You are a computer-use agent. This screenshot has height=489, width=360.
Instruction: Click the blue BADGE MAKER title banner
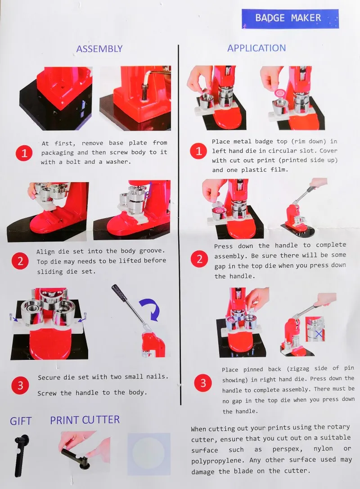point(290,19)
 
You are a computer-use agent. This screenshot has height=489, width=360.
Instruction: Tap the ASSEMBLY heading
point(99,49)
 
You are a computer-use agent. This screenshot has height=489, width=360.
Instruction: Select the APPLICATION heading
point(256,48)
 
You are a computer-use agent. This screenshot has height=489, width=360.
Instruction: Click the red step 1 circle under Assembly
point(24,153)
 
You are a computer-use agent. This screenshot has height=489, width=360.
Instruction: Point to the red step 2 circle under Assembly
point(20,261)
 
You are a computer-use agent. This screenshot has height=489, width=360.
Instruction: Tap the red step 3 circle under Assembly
point(20,386)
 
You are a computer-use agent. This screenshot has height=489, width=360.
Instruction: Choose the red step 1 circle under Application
point(198,151)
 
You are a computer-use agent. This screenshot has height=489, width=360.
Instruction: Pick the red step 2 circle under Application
point(199,259)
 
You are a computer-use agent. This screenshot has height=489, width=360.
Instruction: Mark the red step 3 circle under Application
point(203,383)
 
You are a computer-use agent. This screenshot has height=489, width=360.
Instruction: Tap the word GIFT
point(21,421)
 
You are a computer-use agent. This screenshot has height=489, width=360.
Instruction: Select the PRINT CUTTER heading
point(85,420)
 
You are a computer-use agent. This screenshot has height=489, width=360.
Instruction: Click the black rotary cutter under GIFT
point(21,455)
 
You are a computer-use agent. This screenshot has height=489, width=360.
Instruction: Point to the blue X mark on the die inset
point(319,334)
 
